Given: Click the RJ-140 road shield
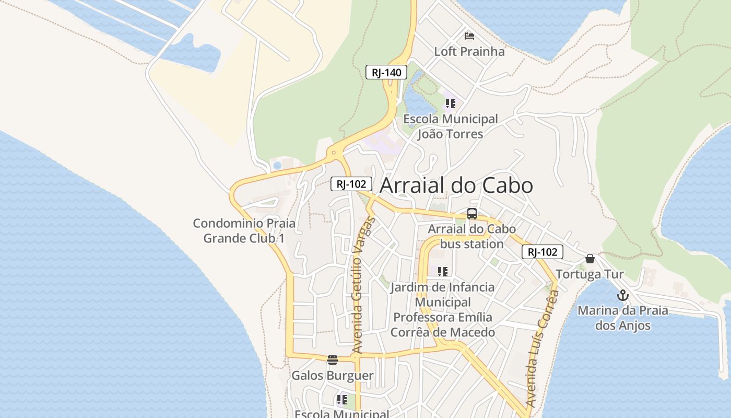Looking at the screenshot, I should (386, 73).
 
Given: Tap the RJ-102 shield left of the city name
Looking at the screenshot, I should (351, 184).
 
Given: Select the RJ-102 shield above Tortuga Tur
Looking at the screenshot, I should (543, 252).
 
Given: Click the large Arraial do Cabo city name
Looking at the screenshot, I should (456, 185).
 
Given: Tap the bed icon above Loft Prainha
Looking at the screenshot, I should (469, 36).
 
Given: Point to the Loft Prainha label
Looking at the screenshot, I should (469, 51).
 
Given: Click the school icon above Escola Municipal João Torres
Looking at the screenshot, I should (450, 103).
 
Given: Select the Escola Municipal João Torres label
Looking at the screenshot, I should (450, 126).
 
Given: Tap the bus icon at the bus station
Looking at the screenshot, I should (472, 213).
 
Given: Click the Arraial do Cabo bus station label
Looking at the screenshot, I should (472, 236).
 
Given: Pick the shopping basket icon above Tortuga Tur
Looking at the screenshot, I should (590, 258).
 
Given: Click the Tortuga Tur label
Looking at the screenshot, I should (590, 274).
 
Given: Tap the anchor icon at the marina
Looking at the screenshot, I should (622, 296).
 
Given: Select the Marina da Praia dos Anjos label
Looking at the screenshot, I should (622, 318).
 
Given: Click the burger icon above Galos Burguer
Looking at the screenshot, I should (333, 359).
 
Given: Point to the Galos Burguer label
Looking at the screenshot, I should (333, 375).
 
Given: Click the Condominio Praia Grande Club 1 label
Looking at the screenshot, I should (244, 230).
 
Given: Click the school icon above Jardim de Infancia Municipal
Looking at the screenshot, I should (443, 272).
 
